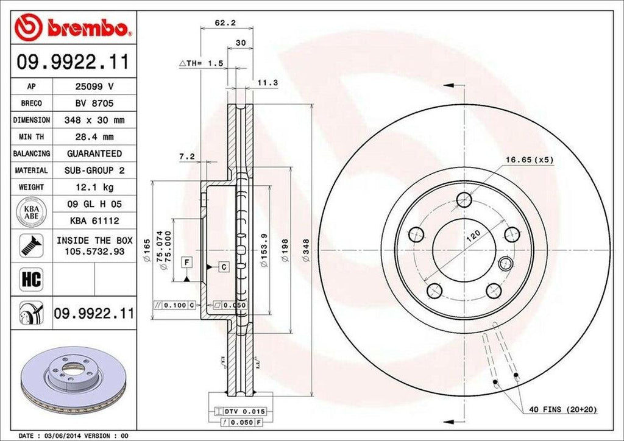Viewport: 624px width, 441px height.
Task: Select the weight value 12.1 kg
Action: tap(94, 186)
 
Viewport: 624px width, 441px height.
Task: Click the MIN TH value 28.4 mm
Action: tap(94, 137)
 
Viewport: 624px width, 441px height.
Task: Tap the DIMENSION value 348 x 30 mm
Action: tap(94, 120)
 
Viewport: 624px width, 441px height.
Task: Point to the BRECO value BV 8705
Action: tap(94, 104)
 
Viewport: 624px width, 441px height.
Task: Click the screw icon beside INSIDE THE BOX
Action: tap(28, 245)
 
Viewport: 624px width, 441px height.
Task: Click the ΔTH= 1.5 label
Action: tap(201, 63)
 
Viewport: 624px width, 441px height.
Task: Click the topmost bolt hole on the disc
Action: tap(464, 199)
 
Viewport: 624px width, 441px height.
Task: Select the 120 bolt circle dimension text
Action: tap(473, 237)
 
